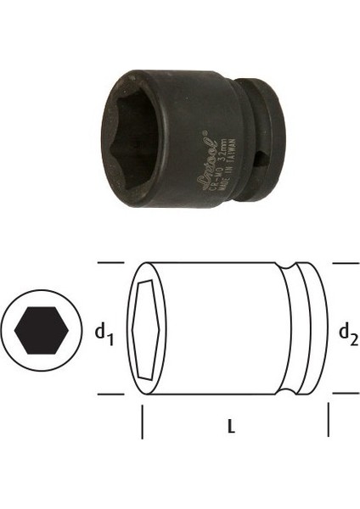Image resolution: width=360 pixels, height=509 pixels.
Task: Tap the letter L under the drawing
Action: pyautogui.click(x=232, y=429)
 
